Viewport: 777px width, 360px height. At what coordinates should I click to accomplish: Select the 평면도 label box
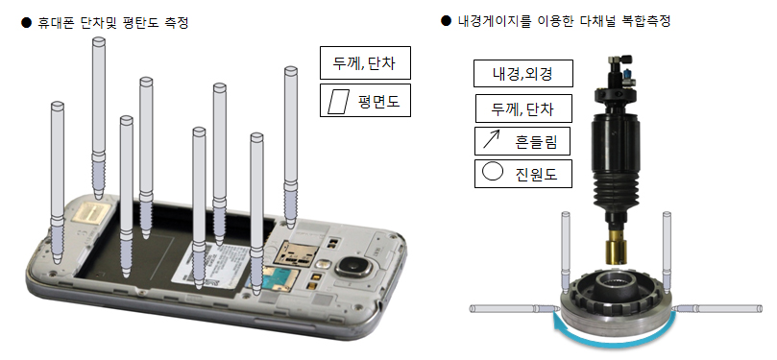tap(365, 101)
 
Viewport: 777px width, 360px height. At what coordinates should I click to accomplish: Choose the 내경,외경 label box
tap(523, 73)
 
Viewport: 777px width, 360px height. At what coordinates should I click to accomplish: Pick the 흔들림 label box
tap(523, 141)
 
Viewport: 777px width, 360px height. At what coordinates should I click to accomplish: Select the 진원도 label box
tap(523, 174)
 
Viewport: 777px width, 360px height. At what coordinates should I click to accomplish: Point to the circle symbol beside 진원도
tap(492, 173)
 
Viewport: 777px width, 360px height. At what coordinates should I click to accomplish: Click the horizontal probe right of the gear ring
tap(720, 308)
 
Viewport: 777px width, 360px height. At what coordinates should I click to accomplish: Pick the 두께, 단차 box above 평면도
tap(365, 64)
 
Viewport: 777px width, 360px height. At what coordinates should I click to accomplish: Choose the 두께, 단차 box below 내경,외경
tap(523, 108)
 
